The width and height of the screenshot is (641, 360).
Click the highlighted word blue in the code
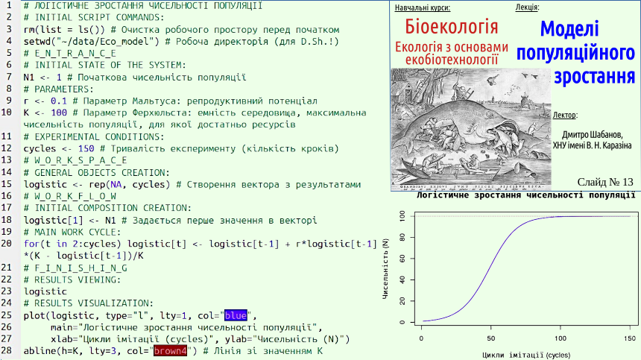point(236,315)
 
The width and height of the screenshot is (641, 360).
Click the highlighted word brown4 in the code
point(170,351)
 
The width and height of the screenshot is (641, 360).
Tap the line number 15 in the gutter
point(7,184)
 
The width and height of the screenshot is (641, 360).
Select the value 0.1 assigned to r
point(59,101)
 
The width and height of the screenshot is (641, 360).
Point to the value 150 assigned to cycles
point(86,148)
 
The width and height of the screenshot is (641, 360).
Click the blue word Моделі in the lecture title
point(569,28)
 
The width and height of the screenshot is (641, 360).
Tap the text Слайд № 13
point(605,182)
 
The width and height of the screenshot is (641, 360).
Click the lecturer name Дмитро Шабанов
point(593,134)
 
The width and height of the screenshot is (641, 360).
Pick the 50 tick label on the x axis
point(491,338)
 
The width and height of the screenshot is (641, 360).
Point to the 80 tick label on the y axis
point(402,237)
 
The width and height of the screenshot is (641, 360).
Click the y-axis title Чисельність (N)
point(385,269)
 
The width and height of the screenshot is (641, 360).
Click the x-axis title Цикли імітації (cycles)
point(526,355)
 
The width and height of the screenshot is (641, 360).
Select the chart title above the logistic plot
point(525,195)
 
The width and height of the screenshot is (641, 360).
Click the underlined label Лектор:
point(565,116)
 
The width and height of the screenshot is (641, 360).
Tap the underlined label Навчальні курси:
point(423,7)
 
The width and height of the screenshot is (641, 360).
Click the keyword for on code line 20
point(31,244)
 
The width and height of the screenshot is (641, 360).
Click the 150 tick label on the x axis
point(630,338)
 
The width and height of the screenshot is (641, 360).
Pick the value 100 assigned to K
point(59,113)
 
